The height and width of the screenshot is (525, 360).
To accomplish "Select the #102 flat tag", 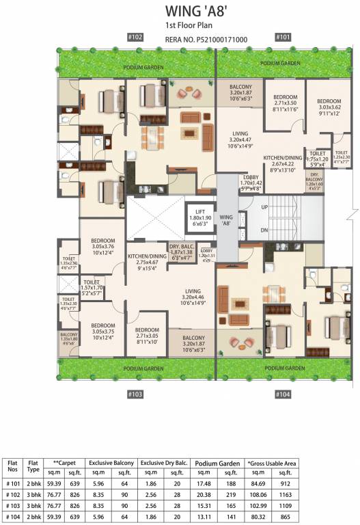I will (135, 38).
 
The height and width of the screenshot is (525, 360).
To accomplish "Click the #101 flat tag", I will (282, 38).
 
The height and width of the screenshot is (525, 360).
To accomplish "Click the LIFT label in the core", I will (200, 213).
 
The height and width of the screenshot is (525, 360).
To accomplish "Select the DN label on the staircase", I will (264, 230).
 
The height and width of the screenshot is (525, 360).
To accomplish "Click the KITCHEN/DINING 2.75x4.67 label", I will (147, 262).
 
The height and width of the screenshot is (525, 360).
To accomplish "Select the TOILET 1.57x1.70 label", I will (91, 287).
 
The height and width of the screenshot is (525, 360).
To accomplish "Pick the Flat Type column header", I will (32, 466).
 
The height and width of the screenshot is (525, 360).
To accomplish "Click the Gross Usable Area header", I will (272, 463).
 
